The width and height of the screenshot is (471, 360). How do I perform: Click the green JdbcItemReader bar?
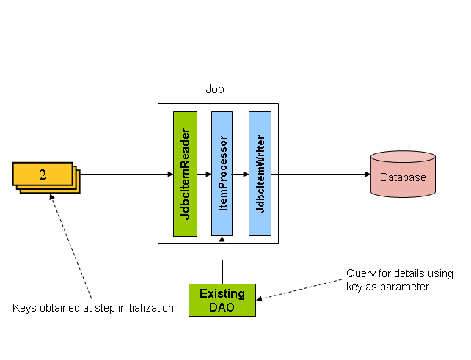[186, 174]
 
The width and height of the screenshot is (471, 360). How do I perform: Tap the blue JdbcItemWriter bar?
[260, 174]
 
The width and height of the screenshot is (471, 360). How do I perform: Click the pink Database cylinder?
[403, 175]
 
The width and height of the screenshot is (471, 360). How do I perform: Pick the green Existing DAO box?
[222, 300]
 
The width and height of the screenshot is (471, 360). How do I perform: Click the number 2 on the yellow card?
[43, 175]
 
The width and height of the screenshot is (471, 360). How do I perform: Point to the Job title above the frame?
[215, 89]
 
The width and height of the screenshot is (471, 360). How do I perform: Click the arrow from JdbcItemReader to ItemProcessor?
[205, 175]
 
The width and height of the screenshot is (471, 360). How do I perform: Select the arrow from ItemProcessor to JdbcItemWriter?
[242, 175]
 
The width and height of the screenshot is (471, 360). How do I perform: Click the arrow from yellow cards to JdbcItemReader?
[125, 175]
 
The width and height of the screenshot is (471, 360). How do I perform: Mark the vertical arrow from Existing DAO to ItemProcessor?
[222, 260]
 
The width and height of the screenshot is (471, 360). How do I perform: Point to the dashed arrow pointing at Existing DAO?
[301, 288]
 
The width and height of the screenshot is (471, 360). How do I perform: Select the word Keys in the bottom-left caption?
[24, 308]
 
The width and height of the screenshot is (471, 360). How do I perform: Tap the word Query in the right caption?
[360, 274]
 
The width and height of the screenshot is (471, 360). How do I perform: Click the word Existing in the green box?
[222, 294]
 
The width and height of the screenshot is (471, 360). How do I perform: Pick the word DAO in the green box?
[222, 307]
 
